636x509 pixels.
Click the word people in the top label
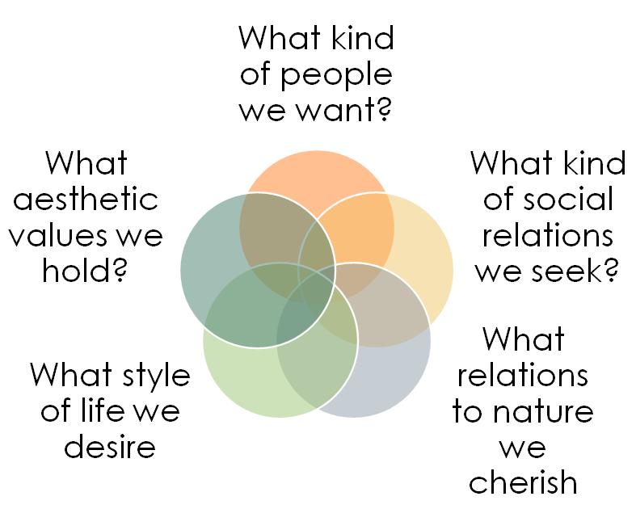339,74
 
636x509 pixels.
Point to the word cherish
523,482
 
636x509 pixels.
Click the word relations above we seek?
543,235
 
